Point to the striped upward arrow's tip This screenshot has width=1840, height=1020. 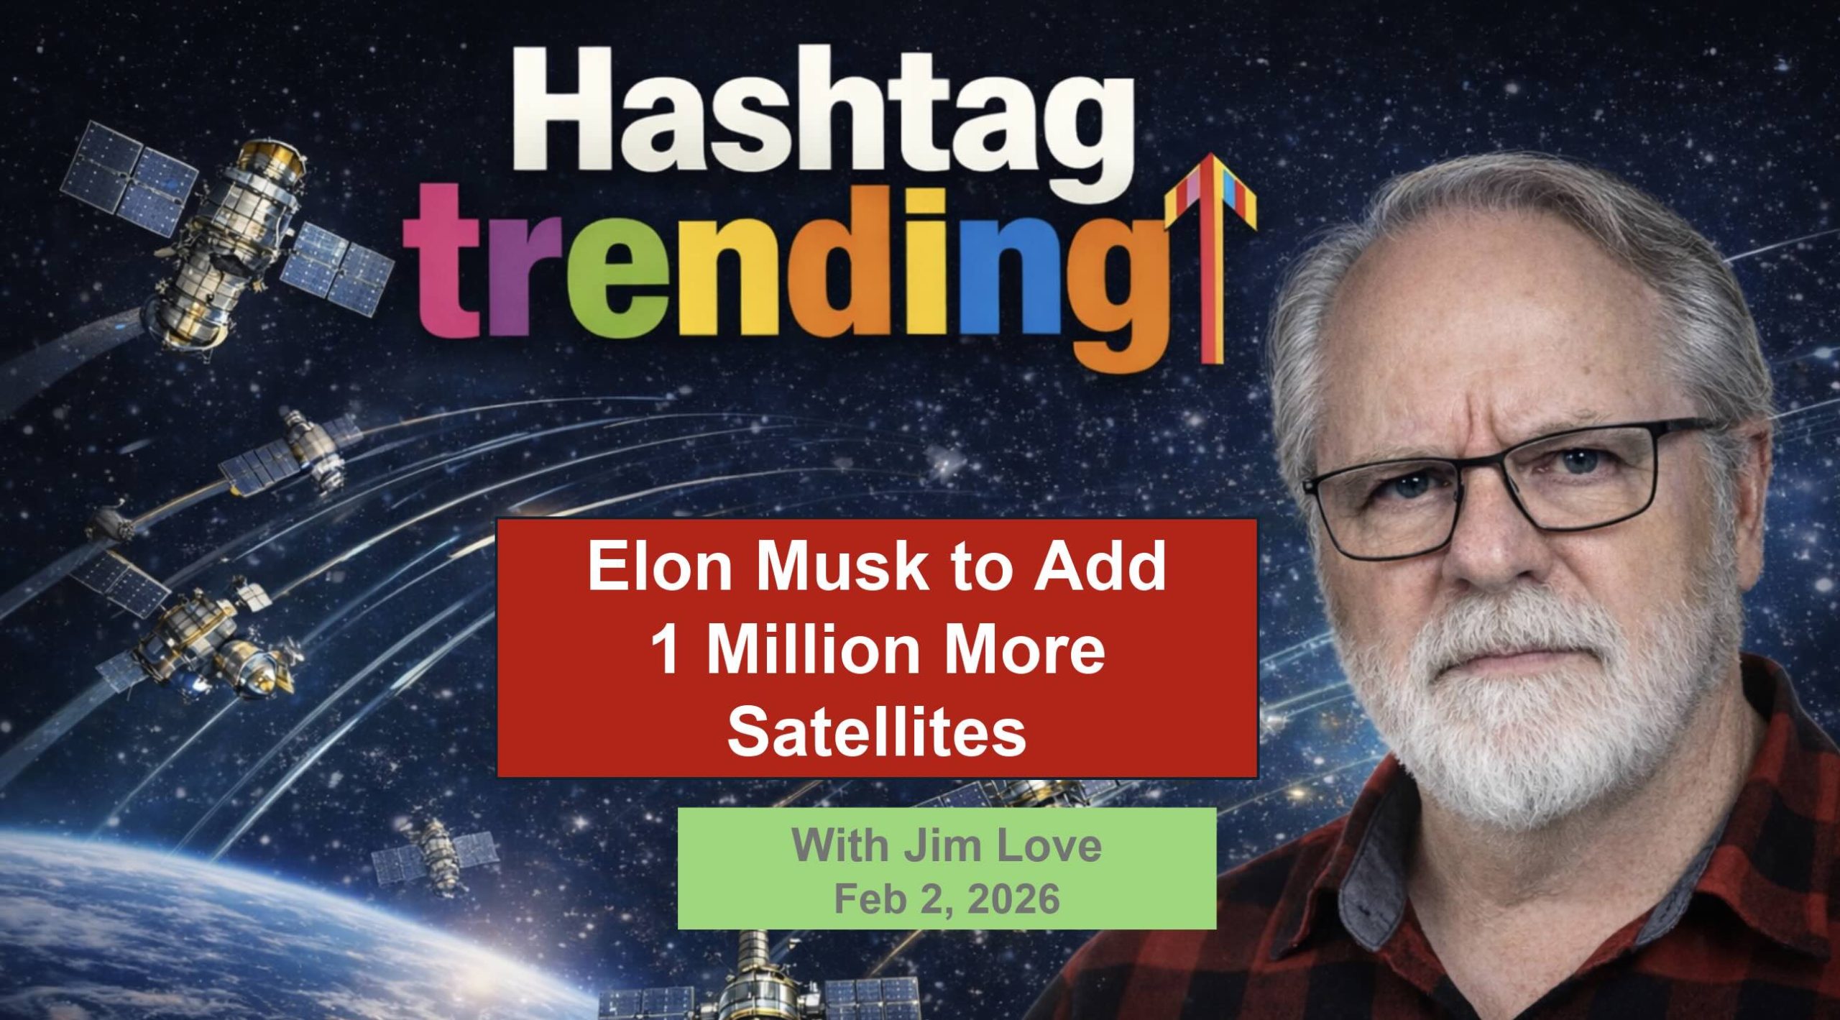click(1211, 155)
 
